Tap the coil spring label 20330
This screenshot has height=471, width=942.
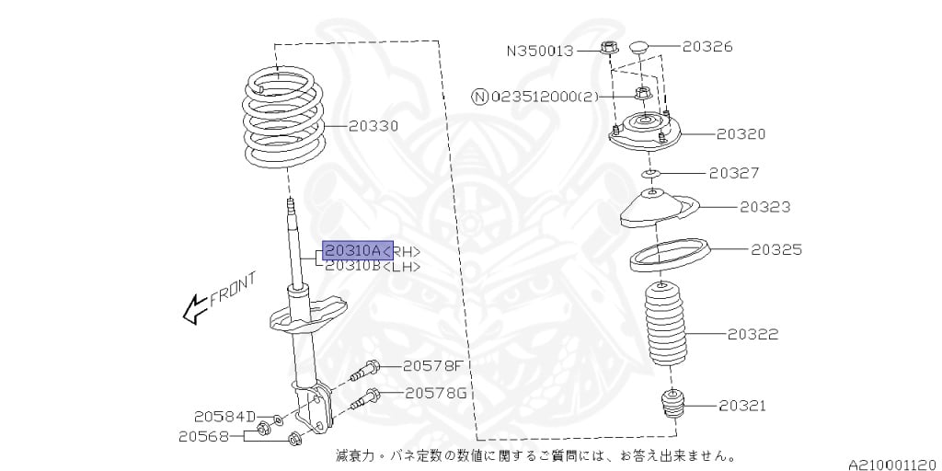pos(373,126)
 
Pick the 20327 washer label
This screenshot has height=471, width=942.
pos(734,173)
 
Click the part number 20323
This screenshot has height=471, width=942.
pos(764,208)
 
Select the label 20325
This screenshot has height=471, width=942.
pos(776,249)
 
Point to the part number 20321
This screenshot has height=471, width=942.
pos(742,406)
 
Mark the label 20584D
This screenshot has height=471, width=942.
pos(224,417)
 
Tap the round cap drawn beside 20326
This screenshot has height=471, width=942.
pos(640,47)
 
